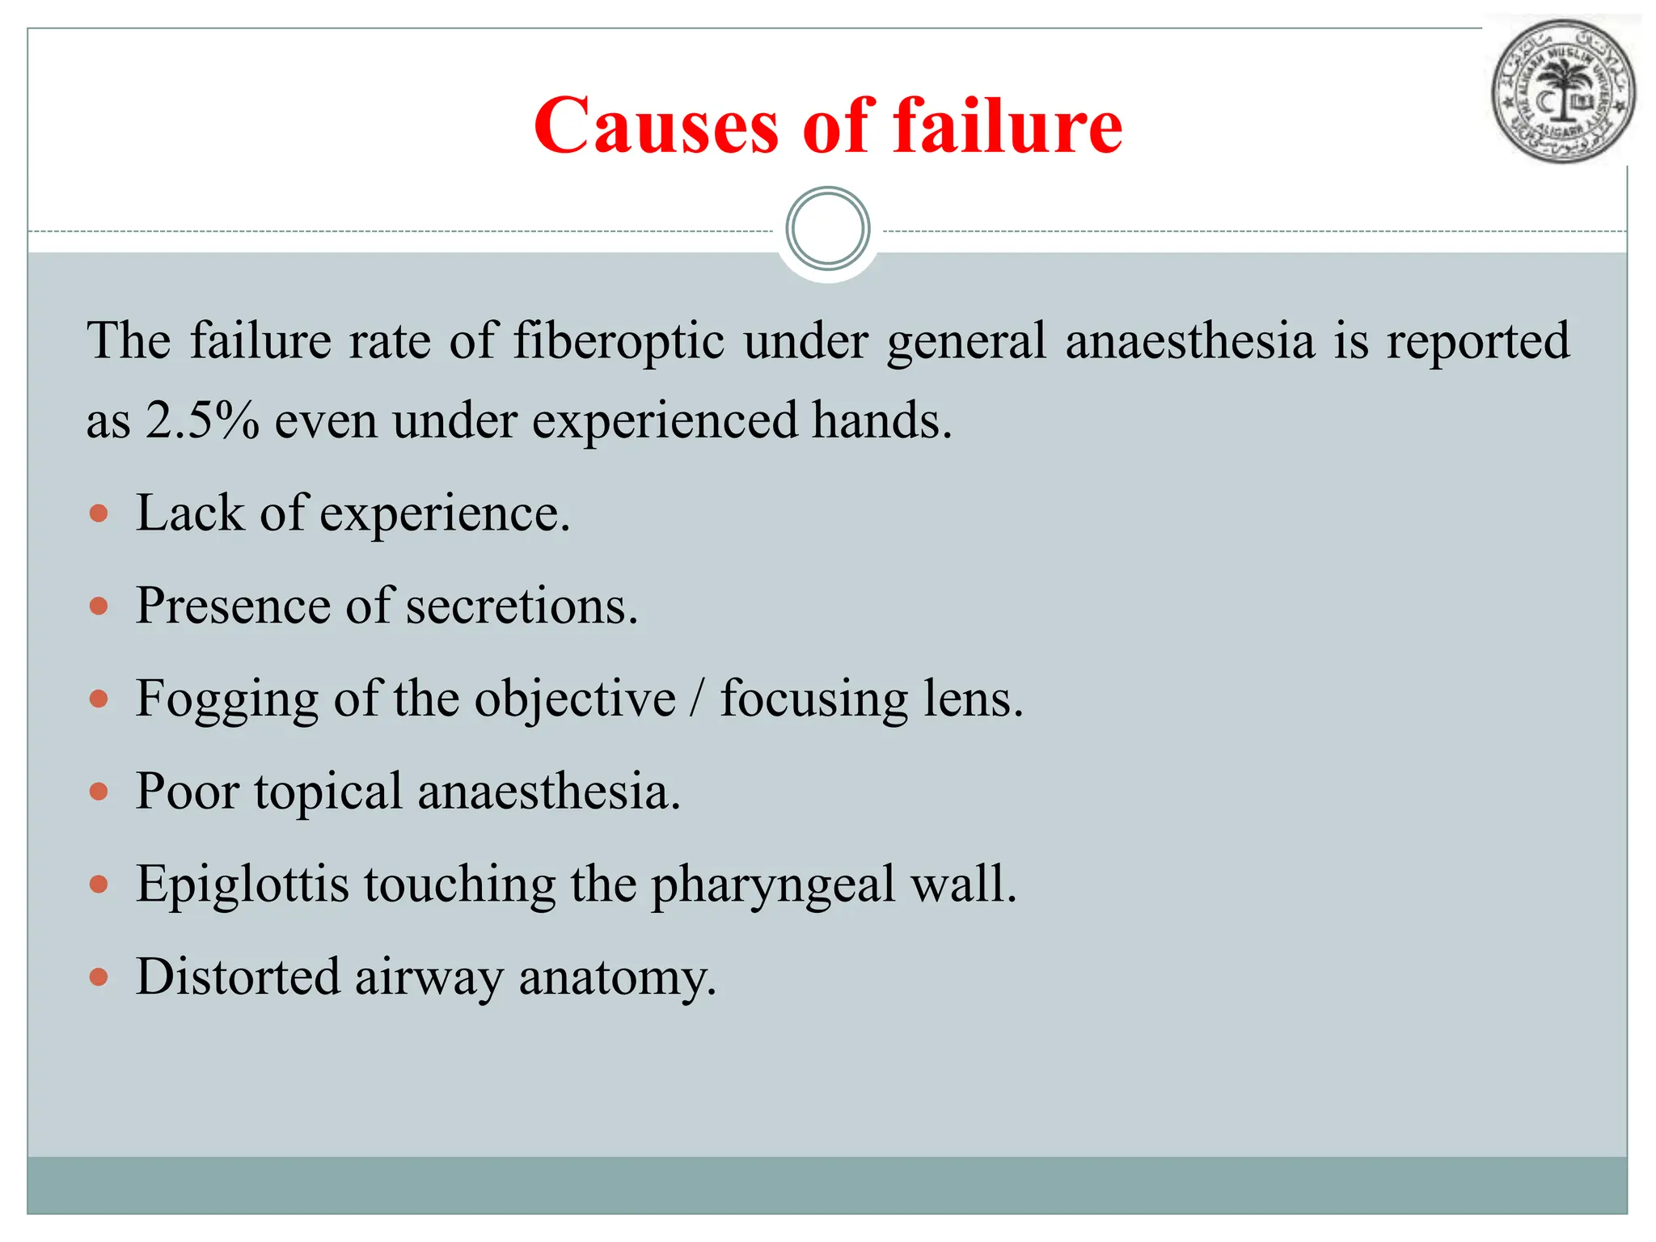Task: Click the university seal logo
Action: [1562, 91]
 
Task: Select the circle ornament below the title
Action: [828, 229]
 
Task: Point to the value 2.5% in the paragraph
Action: [203, 420]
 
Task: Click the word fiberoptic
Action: [619, 340]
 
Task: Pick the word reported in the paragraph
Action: [1478, 340]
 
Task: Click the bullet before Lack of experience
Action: [99, 514]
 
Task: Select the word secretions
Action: [522, 606]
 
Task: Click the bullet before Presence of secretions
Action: [99, 606]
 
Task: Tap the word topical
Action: [328, 792]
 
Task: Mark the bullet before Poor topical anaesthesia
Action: [99, 792]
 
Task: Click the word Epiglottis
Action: [243, 885]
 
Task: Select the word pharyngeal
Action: [773, 885]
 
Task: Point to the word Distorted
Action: [238, 977]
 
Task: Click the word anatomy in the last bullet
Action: [617, 978]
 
